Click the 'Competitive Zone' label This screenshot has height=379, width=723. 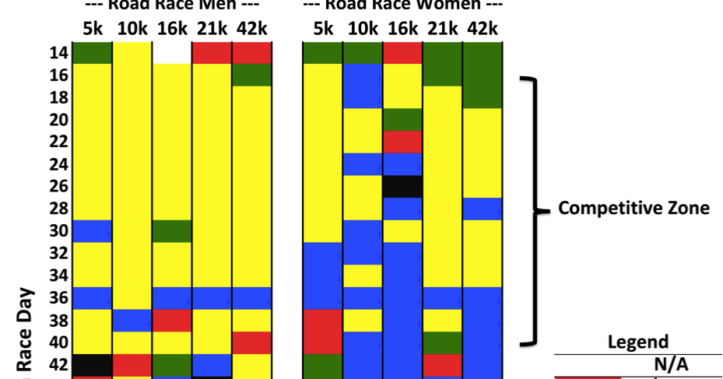[634, 208]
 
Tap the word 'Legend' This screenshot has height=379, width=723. [637, 342]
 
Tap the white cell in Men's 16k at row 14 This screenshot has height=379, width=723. [171, 53]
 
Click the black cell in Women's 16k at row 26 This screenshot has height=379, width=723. [403, 186]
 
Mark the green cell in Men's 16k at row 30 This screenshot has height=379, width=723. [171, 231]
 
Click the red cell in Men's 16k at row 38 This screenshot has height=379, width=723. [171, 320]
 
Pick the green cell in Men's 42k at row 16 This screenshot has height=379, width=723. [251, 75]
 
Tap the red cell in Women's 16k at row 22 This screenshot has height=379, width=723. [403, 142]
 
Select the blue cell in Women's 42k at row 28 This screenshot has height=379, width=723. [482, 209]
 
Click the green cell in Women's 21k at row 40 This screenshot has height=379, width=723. [443, 342]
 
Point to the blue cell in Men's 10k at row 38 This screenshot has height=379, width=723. [132, 320]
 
